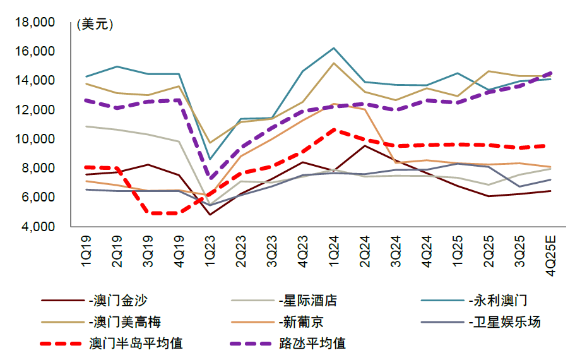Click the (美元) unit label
(94, 25)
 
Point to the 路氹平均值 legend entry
(312, 344)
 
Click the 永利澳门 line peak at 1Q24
(333, 48)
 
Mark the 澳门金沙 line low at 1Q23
(210, 215)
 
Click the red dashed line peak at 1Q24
(333, 129)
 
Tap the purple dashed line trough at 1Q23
(210, 178)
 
